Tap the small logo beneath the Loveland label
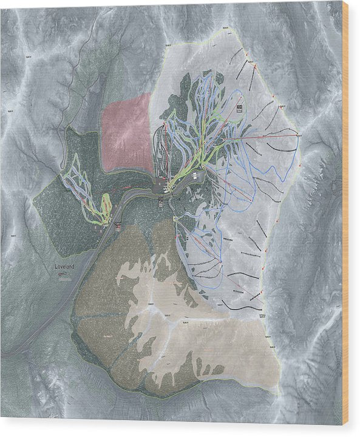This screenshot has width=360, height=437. tap(63, 274)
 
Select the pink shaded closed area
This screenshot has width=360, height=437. tap(127, 133)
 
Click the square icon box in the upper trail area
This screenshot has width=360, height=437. tap(239, 109)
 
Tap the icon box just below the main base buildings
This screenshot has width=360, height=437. tap(161, 201)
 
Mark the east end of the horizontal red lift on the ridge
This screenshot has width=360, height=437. tap(298, 133)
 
